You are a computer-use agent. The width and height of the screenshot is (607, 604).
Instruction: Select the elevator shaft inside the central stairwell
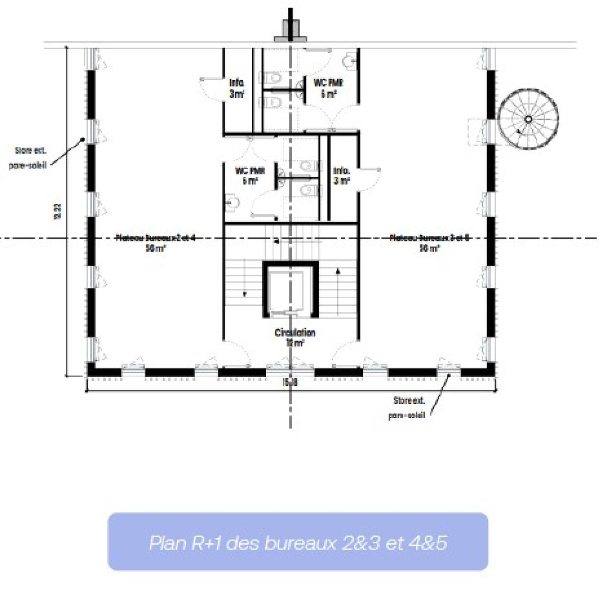tap(290, 289)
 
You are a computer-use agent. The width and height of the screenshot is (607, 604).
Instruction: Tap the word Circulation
tap(294, 332)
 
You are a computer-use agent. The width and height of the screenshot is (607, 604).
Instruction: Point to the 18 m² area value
tap(294, 343)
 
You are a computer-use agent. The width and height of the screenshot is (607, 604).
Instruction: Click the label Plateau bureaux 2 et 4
tap(156, 238)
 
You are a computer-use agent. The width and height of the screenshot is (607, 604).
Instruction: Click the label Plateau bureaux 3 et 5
tap(429, 238)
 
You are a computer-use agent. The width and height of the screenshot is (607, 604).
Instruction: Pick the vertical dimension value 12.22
tap(58, 212)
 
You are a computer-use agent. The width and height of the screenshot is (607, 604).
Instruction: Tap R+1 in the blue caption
tap(207, 542)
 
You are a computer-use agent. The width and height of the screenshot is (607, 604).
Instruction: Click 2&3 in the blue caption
tap(360, 542)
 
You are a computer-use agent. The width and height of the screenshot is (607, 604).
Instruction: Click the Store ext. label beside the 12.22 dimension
tap(30, 151)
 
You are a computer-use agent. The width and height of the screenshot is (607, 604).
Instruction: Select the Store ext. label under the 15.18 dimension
tap(409, 401)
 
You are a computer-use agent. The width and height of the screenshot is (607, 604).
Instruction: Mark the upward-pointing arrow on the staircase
tap(338, 271)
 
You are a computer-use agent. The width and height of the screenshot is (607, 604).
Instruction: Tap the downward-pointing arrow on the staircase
tap(245, 294)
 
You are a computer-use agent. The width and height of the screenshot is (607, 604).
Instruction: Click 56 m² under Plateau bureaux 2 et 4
tap(156, 248)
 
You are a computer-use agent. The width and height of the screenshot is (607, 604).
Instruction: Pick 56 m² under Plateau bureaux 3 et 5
tap(429, 248)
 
